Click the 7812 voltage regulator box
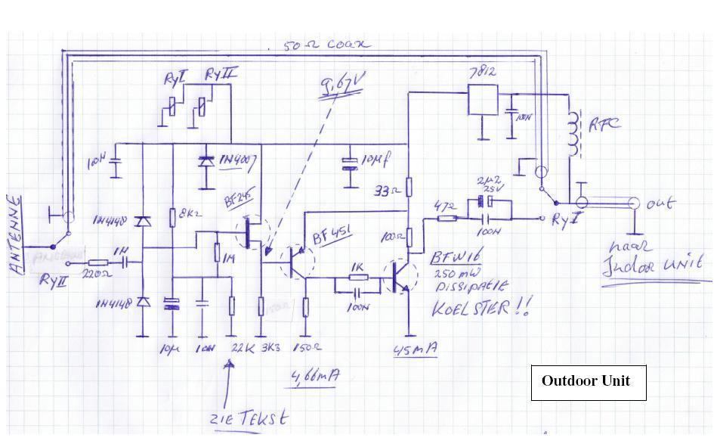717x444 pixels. click(482, 100)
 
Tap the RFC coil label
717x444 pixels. click(605, 123)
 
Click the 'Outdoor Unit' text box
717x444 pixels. click(588, 382)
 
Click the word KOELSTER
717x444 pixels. click(471, 308)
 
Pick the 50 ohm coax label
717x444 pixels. click(328, 45)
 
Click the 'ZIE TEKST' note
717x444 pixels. click(249, 418)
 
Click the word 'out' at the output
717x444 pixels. click(660, 203)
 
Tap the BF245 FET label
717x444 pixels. click(237, 200)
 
